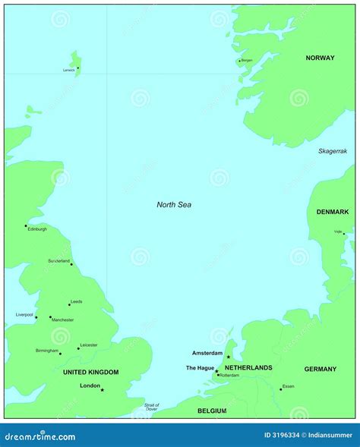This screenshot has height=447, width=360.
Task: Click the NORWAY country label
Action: tap(320, 58)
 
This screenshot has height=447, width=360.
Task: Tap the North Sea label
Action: tap(174, 204)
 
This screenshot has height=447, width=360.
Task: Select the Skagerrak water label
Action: tap(333, 151)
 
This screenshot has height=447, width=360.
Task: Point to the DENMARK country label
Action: tap(333, 212)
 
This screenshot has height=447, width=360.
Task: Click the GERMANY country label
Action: tap(320, 370)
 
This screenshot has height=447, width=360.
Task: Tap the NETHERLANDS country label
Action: tap(248, 368)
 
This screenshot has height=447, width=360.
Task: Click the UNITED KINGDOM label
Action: tap(90, 372)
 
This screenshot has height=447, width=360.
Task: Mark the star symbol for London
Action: tap(103, 390)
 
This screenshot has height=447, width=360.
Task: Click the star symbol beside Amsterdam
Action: tap(228, 357)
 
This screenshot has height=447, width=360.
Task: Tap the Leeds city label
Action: tap(76, 302)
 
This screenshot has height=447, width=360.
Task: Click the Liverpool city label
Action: tap(24, 314)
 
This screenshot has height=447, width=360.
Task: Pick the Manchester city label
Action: tap(63, 320)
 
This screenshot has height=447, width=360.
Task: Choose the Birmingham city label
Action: tap(46, 351)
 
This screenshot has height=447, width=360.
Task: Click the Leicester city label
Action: tap(89, 345)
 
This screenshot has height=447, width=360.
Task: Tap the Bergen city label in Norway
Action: tap(247, 61)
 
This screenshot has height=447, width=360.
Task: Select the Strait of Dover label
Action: tap(151, 408)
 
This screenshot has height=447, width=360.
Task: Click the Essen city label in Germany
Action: tap(288, 386)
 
